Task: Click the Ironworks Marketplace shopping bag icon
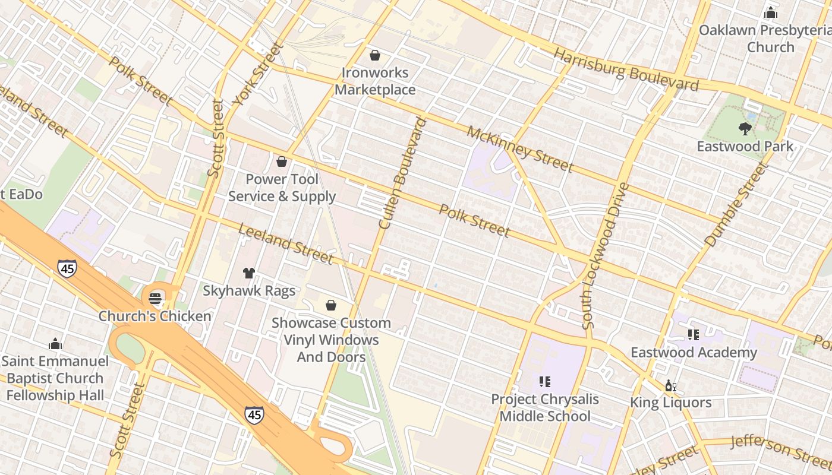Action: (x=375, y=55)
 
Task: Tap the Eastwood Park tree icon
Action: (x=745, y=128)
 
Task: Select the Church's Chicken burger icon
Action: (x=156, y=297)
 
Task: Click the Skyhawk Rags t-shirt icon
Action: (x=249, y=273)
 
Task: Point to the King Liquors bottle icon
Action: (x=671, y=386)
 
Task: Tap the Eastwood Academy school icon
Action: (x=693, y=335)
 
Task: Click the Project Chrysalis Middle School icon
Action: (x=544, y=382)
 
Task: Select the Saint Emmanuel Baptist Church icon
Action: (x=55, y=344)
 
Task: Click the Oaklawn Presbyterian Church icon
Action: (x=771, y=12)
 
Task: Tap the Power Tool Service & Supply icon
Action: (x=282, y=161)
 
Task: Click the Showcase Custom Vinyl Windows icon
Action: (x=331, y=305)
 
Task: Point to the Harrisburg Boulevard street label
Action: (x=625, y=70)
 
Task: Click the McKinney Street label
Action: (x=519, y=148)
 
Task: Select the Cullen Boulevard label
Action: (x=403, y=173)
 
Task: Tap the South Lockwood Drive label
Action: (x=605, y=255)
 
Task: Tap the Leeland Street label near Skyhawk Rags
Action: (x=285, y=243)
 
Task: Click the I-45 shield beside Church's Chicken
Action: (x=67, y=268)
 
